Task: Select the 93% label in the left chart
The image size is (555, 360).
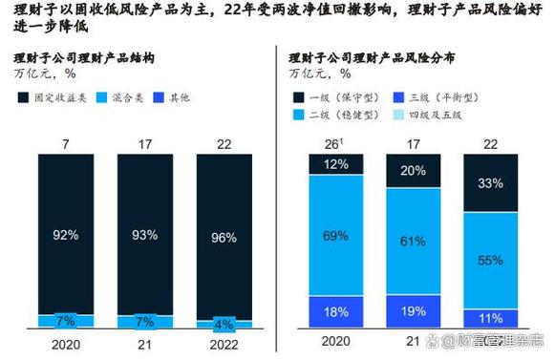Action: [144, 234]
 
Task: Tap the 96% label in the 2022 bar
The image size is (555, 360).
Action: [223, 238]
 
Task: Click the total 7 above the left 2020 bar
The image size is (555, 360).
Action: [65, 143]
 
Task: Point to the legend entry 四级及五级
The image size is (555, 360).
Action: [440, 115]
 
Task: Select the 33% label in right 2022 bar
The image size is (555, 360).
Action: [490, 183]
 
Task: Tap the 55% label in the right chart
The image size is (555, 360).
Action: [490, 260]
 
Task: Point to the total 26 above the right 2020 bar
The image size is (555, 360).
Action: [332, 143]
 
